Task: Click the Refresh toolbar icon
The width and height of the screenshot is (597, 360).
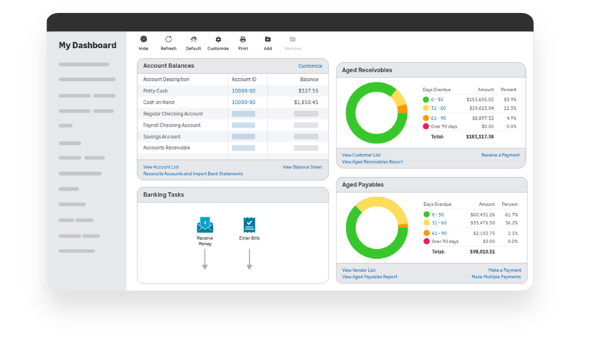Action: tap(169, 39)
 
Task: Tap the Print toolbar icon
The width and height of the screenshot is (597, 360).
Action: tap(243, 39)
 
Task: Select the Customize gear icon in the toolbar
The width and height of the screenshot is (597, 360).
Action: tap(218, 39)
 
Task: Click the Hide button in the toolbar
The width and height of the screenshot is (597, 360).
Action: tap(144, 39)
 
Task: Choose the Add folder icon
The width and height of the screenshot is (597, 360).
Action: tap(268, 39)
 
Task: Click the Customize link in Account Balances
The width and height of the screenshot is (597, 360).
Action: tap(310, 66)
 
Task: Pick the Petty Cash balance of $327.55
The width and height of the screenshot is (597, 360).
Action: tap(309, 91)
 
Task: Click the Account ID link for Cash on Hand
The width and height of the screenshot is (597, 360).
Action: tap(244, 103)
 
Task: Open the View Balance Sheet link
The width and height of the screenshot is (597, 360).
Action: tap(302, 167)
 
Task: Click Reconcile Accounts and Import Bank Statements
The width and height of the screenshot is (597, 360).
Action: tap(193, 174)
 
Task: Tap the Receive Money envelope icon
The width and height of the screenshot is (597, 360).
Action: tap(205, 225)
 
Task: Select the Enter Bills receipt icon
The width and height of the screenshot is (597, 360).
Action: tap(250, 225)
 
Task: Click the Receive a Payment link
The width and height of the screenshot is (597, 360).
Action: tap(500, 156)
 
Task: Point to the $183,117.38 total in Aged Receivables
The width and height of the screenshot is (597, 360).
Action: tap(480, 137)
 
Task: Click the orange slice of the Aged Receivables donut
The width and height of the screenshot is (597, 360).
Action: tap(403, 109)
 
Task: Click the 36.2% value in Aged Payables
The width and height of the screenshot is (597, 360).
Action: tap(512, 223)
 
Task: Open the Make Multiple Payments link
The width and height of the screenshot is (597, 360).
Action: tap(497, 277)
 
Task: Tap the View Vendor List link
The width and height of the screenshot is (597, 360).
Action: tap(359, 270)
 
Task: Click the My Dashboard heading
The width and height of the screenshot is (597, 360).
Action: tap(88, 45)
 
